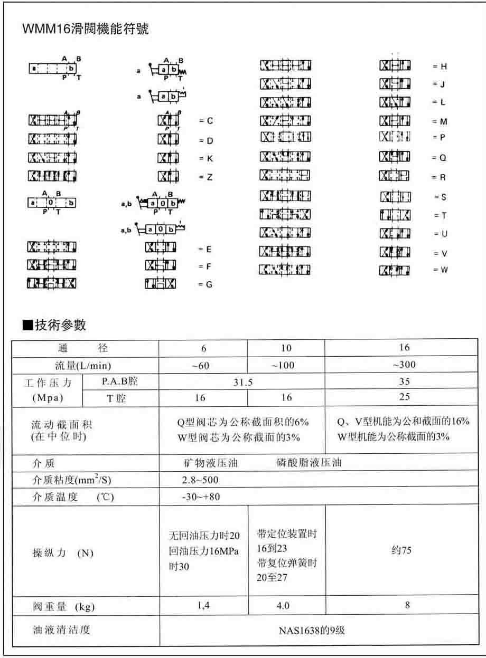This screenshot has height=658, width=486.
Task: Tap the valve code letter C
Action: coord(210,121)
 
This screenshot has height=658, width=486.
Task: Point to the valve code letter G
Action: coord(209,284)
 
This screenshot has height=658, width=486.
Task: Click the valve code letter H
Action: coord(444,67)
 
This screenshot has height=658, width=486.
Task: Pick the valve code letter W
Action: coord(444,270)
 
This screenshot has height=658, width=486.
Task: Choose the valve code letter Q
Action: coord(443,158)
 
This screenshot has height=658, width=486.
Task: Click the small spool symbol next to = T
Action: coord(395,215)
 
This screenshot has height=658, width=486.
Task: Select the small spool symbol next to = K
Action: coord(169,158)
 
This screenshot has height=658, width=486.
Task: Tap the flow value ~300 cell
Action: coord(405,365)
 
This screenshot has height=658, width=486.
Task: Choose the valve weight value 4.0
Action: coord(283,606)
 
